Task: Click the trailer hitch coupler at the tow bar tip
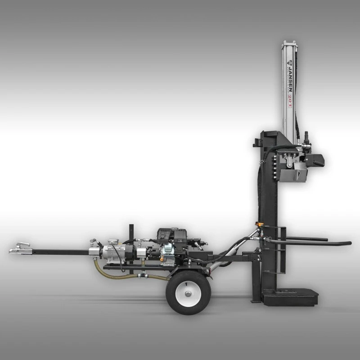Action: tap(20, 248)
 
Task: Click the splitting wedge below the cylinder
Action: tap(292, 173)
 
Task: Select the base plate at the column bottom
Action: tap(290, 297)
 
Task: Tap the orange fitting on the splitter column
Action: tap(259, 223)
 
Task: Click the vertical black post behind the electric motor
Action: tap(131, 234)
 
